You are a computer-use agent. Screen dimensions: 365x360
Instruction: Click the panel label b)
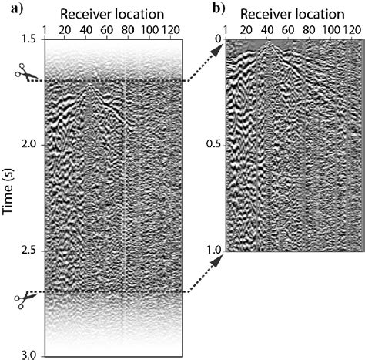click(x=219, y=8)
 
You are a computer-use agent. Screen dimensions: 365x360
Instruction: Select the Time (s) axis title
click(x=8, y=191)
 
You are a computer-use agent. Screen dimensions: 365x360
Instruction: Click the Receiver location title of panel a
click(x=112, y=14)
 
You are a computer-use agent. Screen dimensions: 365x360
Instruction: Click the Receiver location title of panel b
click(x=293, y=14)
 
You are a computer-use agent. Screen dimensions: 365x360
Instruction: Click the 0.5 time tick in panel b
click(x=214, y=145)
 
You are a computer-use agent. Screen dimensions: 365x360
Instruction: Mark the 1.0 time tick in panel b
click(x=215, y=250)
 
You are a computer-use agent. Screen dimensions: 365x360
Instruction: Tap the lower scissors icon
click(x=26, y=300)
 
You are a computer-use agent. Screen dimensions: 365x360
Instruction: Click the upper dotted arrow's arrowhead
click(x=218, y=49)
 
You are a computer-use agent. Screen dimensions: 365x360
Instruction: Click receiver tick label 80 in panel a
click(x=128, y=30)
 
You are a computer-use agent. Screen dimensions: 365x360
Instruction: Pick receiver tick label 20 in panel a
click(x=65, y=30)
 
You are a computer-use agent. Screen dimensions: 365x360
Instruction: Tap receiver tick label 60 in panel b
click(x=288, y=30)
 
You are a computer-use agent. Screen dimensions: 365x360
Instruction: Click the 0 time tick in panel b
click(x=219, y=39)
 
